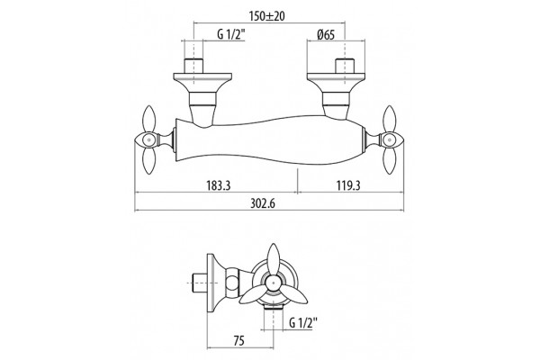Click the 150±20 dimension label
tap(267, 16)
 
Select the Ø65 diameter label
tap(326, 35)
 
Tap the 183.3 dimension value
tap(218, 185)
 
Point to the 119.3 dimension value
tap(348, 185)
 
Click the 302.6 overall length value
tap(263, 203)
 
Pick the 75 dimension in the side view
tap(239, 341)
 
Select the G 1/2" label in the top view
tap(231, 35)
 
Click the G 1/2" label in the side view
tap(303, 323)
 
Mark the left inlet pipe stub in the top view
tap(193, 66)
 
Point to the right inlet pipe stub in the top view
tap(345, 66)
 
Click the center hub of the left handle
tap(148, 140)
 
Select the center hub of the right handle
tap(390, 140)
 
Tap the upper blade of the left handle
tap(148, 119)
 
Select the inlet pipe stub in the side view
tap(198, 283)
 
